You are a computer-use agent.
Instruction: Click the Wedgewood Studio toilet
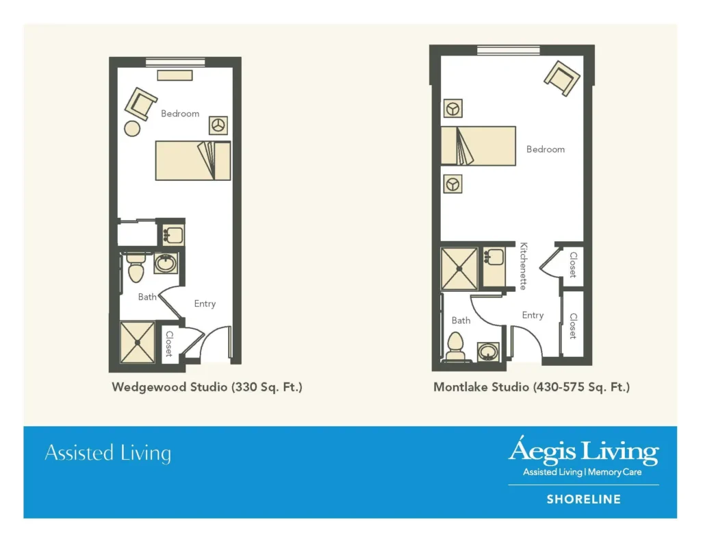click(x=135, y=267)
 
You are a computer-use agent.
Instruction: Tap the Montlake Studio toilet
click(x=455, y=346)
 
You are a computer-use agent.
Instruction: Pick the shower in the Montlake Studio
click(x=459, y=268)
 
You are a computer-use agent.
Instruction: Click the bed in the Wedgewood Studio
click(x=192, y=160)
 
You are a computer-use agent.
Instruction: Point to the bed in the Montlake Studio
click(x=477, y=145)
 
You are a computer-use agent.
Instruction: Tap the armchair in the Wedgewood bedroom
click(x=141, y=104)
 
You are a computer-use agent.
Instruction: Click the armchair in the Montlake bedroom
click(x=563, y=79)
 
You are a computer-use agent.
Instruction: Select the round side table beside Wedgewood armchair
click(x=132, y=128)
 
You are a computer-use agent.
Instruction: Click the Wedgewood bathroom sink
click(x=165, y=262)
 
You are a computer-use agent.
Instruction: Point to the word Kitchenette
click(x=523, y=266)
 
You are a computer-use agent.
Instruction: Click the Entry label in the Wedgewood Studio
click(x=205, y=304)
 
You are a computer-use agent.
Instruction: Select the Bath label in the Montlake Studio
click(x=461, y=320)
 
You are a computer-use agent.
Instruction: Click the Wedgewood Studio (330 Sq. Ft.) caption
click(x=207, y=387)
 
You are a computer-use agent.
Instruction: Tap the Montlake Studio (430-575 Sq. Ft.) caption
click(x=531, y=387)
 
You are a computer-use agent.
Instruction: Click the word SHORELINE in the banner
click(x=583, y=500)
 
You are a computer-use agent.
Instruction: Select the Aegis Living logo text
click(x=583, y=452)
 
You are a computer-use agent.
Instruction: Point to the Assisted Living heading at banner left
click(x=107, y=453)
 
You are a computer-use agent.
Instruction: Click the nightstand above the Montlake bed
click(x=452, y=108)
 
